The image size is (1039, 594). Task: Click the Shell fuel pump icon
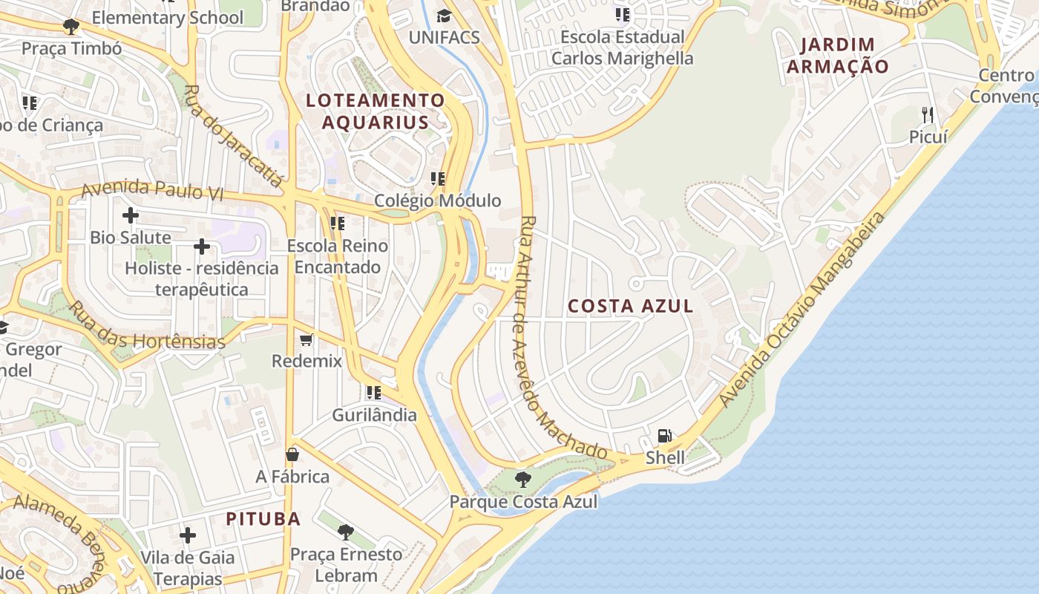click(665, 436)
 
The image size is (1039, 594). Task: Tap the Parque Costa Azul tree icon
click(522, 479)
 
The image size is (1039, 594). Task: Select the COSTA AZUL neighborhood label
click(631, 306)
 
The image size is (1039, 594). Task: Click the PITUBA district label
click(263, 518)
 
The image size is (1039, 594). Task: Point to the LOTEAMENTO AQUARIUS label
click(376, 111)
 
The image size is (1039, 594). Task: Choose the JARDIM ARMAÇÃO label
click(838, 56)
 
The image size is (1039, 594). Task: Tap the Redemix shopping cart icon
click(307, 340)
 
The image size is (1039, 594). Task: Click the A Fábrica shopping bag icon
click(292, 454)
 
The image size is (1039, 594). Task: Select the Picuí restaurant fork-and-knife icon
click(927, 114)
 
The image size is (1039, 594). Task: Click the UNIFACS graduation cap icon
click(444, 16)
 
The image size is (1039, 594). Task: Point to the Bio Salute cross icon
click(131, 216)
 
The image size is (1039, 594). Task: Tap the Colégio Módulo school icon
click(438, 179)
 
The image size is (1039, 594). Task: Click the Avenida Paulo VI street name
click(152, 190)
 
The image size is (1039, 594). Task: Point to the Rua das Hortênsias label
click(146, 327)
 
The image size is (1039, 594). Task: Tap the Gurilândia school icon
click(374, 393)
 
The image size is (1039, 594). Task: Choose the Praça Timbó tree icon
click(71, 27)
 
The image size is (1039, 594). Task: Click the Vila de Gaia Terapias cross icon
click(188, 535)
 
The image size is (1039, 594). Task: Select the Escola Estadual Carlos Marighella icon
click(622, 15)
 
